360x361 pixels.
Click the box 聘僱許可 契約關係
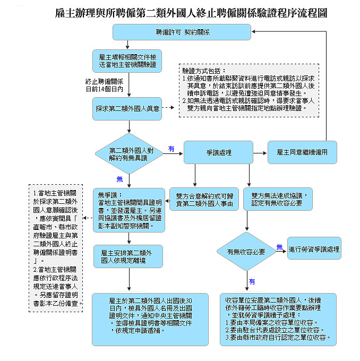pyautogui.click(x=182, y=32)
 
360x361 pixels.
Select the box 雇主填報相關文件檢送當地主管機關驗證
pyautogui.click(x=127, y=60)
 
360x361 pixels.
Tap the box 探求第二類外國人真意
pyautogui.click(x=127, y=108)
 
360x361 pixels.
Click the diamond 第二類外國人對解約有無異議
pyautogui.click(x=128, y=153)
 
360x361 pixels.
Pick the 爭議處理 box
pyautogui.click(x=218, y=152)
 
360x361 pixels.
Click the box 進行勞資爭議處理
pyautogui.click(x=314, y=248)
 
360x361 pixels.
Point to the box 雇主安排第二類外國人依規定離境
pyautogui.click(x=127, y=257)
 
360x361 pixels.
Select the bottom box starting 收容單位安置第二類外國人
pyautogui.click(x=278, y=319)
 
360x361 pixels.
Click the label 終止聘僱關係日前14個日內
pyautogui.click(x=105, y=85)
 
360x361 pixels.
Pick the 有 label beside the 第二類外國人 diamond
pyautogui.click(x=171, y=149)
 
